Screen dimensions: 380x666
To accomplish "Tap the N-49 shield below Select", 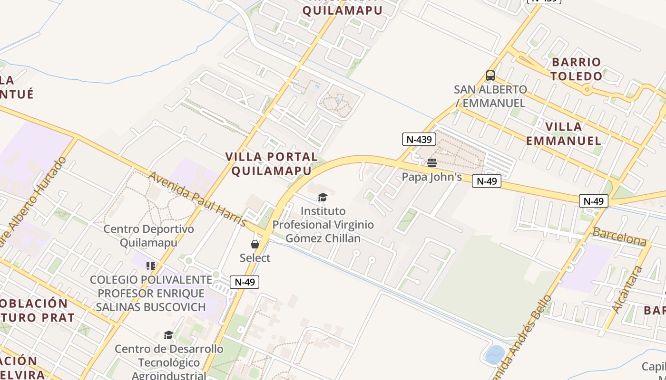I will pos(245,282).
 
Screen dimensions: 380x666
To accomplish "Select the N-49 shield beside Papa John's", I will pos(486,181).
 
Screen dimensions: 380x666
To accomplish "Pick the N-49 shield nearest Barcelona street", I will pos(594,201).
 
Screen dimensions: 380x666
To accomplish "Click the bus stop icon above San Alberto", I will pos(490,76).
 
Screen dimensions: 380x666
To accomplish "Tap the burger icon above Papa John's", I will pos(432,163).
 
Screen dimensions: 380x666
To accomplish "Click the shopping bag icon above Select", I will pos(255,244).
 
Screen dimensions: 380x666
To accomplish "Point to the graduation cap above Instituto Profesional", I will pos(323,197).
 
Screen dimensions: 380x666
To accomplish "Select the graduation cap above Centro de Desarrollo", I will pos(168,335).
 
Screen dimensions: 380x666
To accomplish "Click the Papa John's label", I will pos(432,177).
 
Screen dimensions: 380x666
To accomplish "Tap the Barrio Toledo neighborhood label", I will pos(577,69).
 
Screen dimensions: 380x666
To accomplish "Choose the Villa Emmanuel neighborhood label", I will pos(564,133).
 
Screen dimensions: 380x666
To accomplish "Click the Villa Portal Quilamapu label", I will pos(272,164).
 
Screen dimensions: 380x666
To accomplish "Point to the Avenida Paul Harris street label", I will pos(197,199).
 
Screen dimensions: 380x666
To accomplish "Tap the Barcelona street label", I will pos(619,236).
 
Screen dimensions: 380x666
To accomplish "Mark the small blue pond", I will pos(495,354).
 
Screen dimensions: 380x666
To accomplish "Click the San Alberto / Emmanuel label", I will pos(490,96).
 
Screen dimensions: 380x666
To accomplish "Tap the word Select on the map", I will pos(255,258).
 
